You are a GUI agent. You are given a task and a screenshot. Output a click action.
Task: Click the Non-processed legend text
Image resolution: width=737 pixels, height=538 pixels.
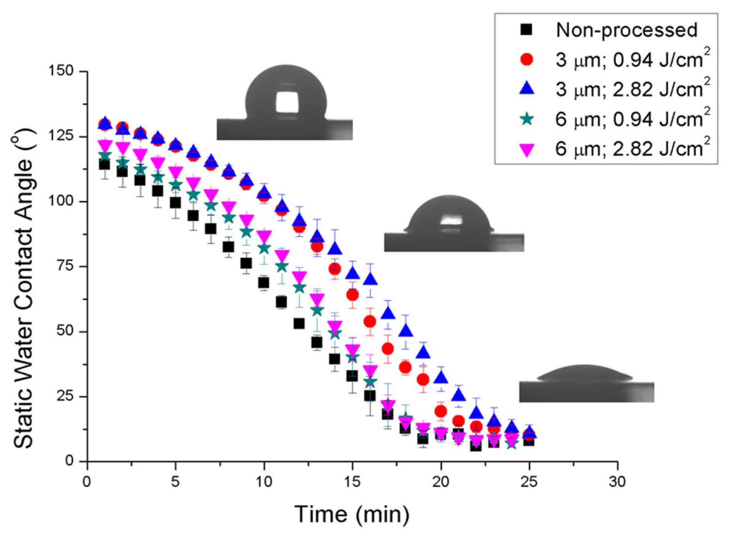[x=626, y=30]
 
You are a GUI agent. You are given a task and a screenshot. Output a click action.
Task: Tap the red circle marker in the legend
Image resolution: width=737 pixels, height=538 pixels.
[x=527, y=59]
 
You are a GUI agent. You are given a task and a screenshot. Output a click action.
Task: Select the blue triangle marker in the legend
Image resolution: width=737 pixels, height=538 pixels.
[x=527, y=88]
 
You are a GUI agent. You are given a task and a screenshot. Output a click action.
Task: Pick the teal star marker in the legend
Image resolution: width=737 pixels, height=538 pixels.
[x=527, y=119]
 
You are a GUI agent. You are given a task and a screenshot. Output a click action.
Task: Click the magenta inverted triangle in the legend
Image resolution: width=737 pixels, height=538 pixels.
[x=527, y=149]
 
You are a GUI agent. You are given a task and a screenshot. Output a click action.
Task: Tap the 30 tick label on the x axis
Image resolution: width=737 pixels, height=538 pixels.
[x=617, y=481]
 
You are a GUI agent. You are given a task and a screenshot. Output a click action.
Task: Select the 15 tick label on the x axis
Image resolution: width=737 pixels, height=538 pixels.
[x=352, y=481]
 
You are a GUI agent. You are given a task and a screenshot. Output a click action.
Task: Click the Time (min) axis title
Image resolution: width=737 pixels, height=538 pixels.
[x=352, y=513]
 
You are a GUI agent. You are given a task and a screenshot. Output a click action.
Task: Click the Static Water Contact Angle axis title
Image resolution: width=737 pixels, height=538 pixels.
[x=24, y=288]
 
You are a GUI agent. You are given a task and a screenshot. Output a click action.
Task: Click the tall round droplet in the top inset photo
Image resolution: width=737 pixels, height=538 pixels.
[x=286, y=92]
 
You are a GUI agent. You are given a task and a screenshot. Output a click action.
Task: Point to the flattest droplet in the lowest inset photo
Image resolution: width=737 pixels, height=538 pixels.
[x=584, y=373]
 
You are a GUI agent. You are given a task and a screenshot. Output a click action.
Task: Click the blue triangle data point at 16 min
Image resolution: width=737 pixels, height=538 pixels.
[x=370, y=279]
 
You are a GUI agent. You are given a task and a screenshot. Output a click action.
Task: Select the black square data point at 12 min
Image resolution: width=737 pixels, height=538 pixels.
[x=299, y=324]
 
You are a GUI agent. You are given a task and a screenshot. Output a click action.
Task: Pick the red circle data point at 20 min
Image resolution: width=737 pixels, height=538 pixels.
[x=441, y=411]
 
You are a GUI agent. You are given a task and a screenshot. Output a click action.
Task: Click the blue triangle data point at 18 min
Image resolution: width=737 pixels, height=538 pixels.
[x=406, y=331]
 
